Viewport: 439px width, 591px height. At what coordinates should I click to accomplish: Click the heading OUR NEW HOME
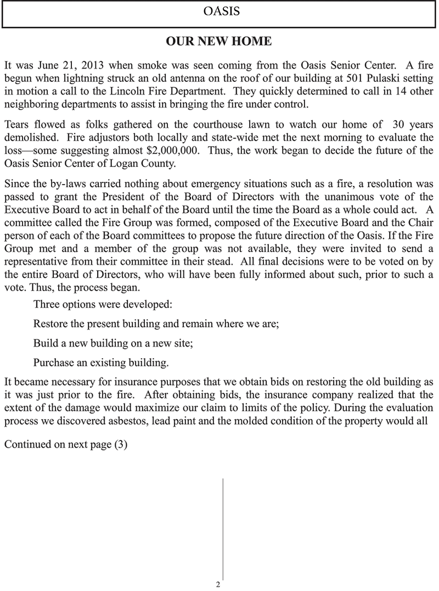click(x=218, y=42)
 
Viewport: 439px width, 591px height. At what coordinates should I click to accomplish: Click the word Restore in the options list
click(x=50, y=324)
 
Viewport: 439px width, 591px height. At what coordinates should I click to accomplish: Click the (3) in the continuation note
click(x=120, y=445)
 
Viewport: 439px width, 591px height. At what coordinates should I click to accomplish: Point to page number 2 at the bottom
click(x=218, y=584)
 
